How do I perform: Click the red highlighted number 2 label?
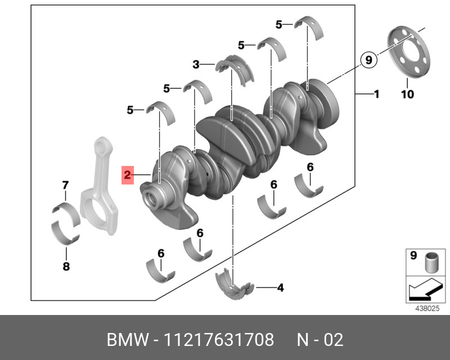(128, 175)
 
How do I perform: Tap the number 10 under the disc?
(407, 94)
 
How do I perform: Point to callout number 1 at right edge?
(376, 94)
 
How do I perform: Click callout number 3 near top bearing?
(196, 65)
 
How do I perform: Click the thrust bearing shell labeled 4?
(235, 282)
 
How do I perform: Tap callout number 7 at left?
(65, 185)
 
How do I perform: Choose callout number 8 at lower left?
(66, 267)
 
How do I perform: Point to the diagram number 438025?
(426, 309)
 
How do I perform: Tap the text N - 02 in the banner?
(319, 340)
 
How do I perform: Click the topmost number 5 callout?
(280, 24)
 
